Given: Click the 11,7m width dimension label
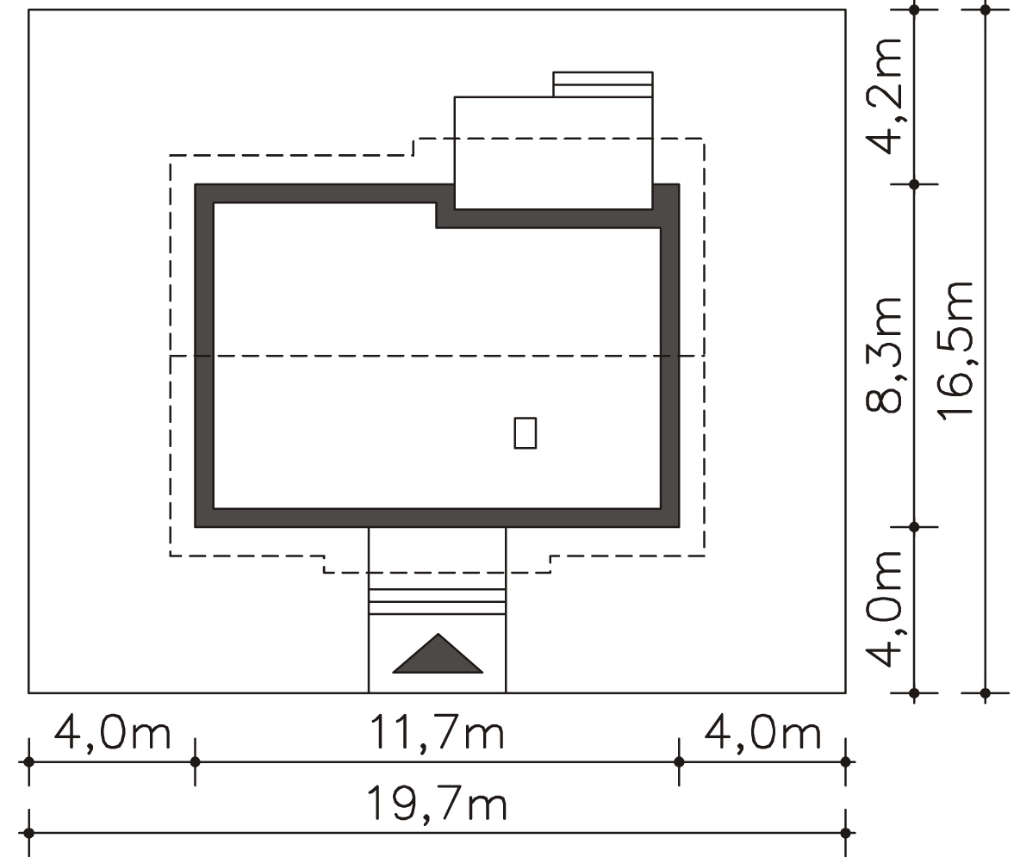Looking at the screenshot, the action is click(437, 733).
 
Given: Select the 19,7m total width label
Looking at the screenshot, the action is click(437, 804).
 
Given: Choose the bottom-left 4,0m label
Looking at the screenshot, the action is click(113, 733).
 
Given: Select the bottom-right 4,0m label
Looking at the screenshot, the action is click(762, 733).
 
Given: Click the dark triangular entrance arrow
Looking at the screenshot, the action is click(438, 654).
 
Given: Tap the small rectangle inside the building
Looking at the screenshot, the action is click(526, 433).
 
